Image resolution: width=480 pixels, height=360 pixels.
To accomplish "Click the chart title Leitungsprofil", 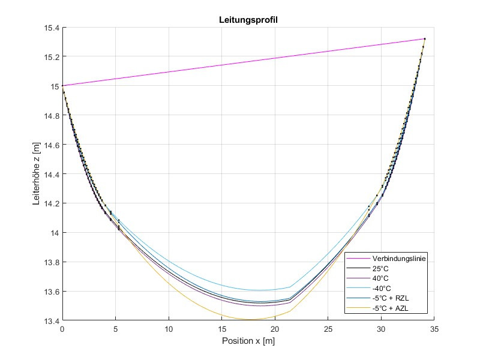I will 248,20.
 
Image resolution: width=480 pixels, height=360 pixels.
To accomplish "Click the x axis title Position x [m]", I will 248,340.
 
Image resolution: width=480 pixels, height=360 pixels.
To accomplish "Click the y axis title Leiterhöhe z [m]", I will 37,174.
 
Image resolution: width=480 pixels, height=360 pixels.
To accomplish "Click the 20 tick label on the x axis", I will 275,329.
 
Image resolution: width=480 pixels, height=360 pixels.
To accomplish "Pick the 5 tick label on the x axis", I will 116,329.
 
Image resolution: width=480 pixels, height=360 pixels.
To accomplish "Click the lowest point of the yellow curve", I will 250,320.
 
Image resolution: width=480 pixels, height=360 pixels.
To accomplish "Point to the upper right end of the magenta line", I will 425,38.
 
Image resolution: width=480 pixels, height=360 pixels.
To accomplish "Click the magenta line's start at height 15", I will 62,86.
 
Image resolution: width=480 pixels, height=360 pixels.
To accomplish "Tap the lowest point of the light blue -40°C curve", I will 259,290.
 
